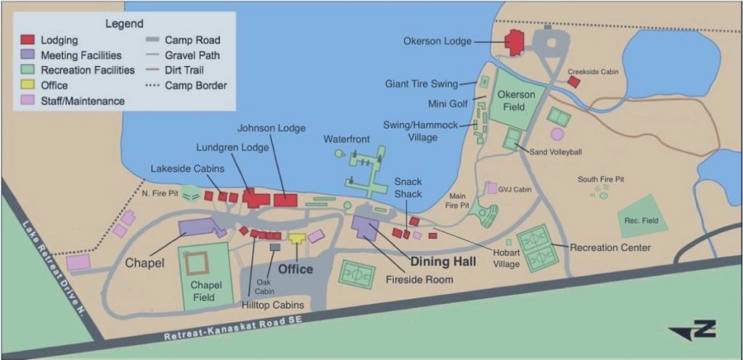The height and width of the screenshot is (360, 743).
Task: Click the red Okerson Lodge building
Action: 516,43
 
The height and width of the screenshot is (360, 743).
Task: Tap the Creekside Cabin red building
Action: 573,82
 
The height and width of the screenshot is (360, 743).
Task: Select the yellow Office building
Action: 297,238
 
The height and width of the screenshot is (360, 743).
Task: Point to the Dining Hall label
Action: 444,262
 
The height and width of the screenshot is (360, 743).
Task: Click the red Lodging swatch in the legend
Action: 27,41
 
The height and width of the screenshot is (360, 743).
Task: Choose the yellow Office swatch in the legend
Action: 27,86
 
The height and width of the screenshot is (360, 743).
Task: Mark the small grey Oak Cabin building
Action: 275,247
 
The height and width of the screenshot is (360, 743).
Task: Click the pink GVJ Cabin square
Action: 492,188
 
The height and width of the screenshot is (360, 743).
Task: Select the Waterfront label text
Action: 347,139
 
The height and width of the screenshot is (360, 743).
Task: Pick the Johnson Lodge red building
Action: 286,200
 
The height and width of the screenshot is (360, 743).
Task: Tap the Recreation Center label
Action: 610,247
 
